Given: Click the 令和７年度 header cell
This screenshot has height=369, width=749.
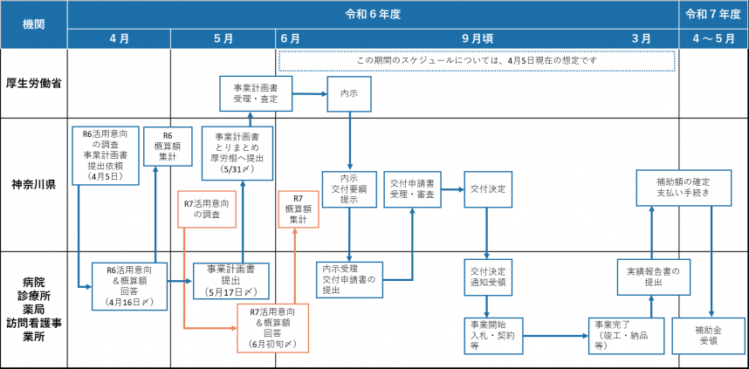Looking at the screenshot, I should coord(713,15).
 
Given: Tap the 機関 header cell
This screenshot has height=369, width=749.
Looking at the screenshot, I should coord(34,24).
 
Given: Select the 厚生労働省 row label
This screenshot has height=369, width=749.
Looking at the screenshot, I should coord(34,84).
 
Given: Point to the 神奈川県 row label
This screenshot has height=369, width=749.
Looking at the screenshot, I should coord(34,184).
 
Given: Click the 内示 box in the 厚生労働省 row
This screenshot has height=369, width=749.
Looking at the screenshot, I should coord(349,92).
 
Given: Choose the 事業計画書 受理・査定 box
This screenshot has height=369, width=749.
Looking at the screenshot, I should coord(256,93).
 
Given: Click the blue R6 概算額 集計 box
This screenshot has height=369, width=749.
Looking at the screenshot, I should coord(168,147).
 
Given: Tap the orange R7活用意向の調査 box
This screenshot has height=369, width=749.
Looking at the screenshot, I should coord(207,208).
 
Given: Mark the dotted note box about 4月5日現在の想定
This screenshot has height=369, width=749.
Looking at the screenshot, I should coord(477,61).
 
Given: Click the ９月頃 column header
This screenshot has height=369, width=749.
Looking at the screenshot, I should coord(477,38).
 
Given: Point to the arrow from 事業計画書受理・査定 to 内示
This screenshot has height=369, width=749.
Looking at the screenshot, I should coord(310,92).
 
